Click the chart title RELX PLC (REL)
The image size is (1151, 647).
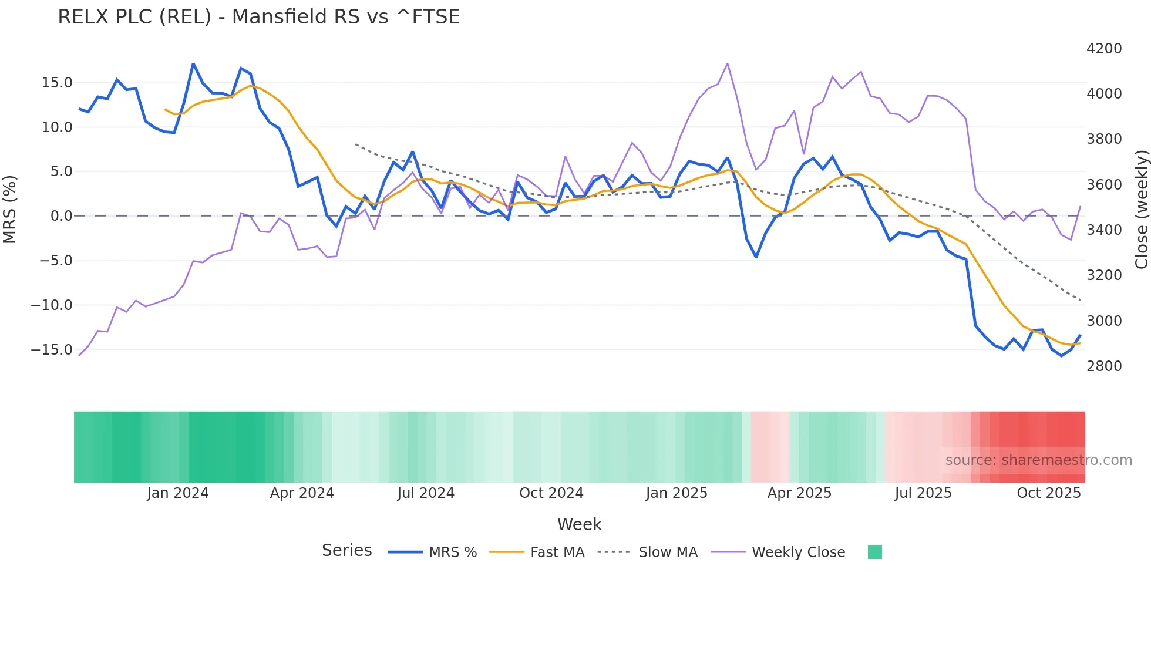[x=258, y=16]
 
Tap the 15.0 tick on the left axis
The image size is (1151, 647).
[x=57, y=83]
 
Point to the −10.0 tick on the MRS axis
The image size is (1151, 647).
[x=52, y=305]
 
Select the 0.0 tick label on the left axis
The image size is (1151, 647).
[x=61, y=216]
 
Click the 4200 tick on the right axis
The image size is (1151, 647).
[x=1103, y=49]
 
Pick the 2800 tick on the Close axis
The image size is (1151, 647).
[x=1103, y=366]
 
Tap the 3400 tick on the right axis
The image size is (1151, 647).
[x=1103, y=230]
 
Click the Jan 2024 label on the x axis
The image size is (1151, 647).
[x=177, y=493]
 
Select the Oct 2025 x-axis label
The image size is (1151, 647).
[x=1048, y=493]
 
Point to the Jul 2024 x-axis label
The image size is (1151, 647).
[x=426, y=493]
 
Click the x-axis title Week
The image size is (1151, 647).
[x=579, y=524]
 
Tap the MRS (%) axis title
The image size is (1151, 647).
[x=9, y=209]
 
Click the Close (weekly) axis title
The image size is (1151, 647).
[x=1141, y=209]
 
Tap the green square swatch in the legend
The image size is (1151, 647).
[x=874, y=552]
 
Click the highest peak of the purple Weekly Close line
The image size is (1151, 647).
[x=728, y=63]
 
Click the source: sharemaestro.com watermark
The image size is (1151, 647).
[x=1038, y=460]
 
